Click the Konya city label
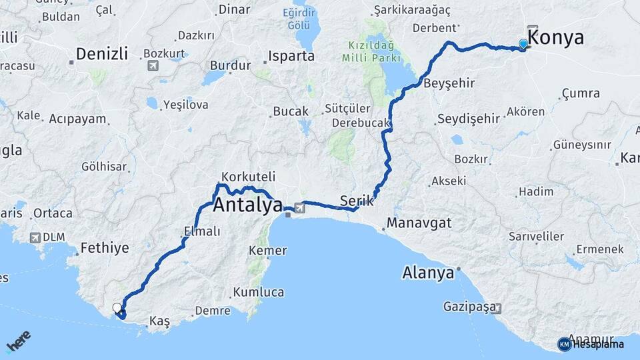tap(556, 38)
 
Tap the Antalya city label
tap(248, 206)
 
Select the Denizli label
tap(101, 54)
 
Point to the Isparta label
tap(291, 56)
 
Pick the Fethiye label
tap(104, 249)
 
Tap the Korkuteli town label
tap(247, 177)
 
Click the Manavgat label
tap(419, 222)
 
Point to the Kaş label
tap(160, 321)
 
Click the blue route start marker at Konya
tap(523, 44)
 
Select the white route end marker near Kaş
tap(117, 307)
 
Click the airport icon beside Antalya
tap(299, 209)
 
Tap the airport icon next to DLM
tap(35, 237)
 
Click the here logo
tap(19, 341)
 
